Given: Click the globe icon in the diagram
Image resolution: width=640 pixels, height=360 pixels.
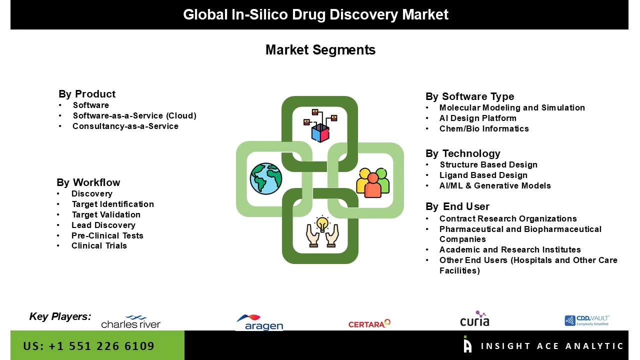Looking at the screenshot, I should tap(266, 178).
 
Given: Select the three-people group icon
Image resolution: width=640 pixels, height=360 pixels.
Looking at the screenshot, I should tap(372, 182).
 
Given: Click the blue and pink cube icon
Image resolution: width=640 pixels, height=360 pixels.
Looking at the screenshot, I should tap(320, 132).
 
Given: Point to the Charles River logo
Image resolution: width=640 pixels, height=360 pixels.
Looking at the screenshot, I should tap(130, 322).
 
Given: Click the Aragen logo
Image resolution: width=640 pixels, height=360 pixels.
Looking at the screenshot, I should tap(259, 322).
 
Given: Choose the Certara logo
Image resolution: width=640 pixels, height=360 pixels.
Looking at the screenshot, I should tap(369, 324).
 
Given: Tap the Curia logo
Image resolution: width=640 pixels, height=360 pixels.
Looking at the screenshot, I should tap(474, 319).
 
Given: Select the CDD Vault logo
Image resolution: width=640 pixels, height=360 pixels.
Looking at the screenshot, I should tap(587, 320).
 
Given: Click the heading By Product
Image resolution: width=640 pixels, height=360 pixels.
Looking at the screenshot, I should tap(87, 94).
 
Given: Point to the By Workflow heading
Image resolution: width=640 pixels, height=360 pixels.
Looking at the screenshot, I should tap(88, 182).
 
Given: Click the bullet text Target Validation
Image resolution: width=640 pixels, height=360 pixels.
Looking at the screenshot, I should tap(106, 214).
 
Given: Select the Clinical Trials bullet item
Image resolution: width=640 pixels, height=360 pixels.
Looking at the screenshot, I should tap(99, 245).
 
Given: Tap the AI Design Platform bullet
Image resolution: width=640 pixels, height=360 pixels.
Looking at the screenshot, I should tap(477, 118).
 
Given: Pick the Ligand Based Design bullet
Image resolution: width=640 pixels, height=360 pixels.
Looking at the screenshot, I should tap(483, 175).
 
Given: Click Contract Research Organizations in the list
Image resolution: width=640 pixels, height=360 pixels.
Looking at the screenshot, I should tap(508, 218).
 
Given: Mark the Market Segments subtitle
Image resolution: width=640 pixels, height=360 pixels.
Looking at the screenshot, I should tap(320, 50).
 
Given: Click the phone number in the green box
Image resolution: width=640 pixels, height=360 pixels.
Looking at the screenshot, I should tap(89, 346).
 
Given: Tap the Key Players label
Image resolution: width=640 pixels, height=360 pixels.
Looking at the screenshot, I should tap(60, 316).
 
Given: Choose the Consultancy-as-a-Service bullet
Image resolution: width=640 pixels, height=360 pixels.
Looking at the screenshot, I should tap(125, 126).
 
